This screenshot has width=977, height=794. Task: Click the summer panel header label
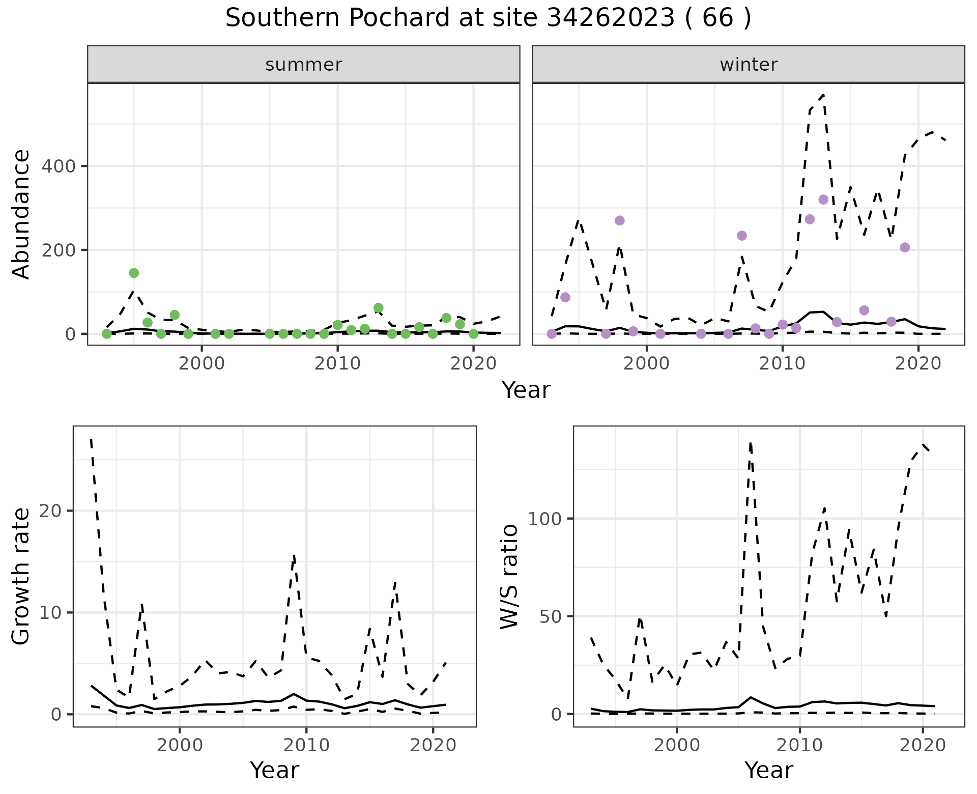point(303,65)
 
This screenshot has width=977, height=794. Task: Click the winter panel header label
point(748,65)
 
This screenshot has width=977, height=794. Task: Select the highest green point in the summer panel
point(134,273)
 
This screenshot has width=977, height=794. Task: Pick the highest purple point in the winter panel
point(823,200)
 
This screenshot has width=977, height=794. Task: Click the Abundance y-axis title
point(21,214)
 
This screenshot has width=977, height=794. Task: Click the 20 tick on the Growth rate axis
point(50,511)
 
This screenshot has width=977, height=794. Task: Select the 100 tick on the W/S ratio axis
point(543,519)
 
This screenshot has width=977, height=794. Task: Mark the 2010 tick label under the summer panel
point(337,364)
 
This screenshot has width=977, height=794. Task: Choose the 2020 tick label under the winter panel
point(918,364)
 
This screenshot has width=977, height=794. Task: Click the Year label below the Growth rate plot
point(274,771)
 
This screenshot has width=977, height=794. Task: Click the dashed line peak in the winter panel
point(823,95)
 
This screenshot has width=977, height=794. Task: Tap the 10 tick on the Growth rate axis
point(50,613)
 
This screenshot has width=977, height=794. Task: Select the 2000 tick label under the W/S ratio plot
point(677,746)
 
